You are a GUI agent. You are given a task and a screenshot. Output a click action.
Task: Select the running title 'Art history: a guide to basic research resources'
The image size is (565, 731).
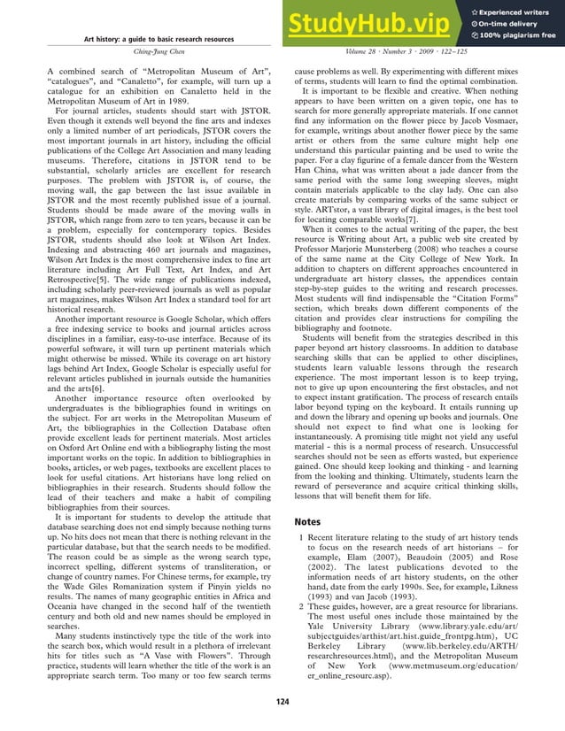tap(159, 40)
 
